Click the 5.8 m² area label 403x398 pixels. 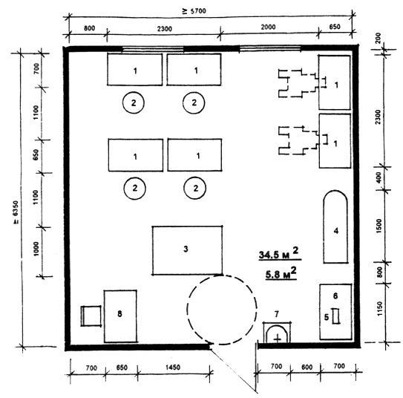coord(281,274)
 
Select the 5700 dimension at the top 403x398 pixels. coord(194,11)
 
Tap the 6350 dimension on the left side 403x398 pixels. coord(16,212)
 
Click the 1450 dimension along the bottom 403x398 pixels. coord(173,368)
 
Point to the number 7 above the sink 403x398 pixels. coord(277,314)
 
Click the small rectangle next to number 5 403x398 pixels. coord(335,316)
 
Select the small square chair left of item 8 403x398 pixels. coord(91,316)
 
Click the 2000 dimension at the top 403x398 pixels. coord(268,27)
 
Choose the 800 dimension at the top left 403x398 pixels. coord(89,28)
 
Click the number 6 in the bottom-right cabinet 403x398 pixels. coord(335,296)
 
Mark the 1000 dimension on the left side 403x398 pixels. coord(36,249)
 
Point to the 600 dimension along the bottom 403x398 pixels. coord(307,367)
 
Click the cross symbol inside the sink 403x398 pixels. coord(278,339)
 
